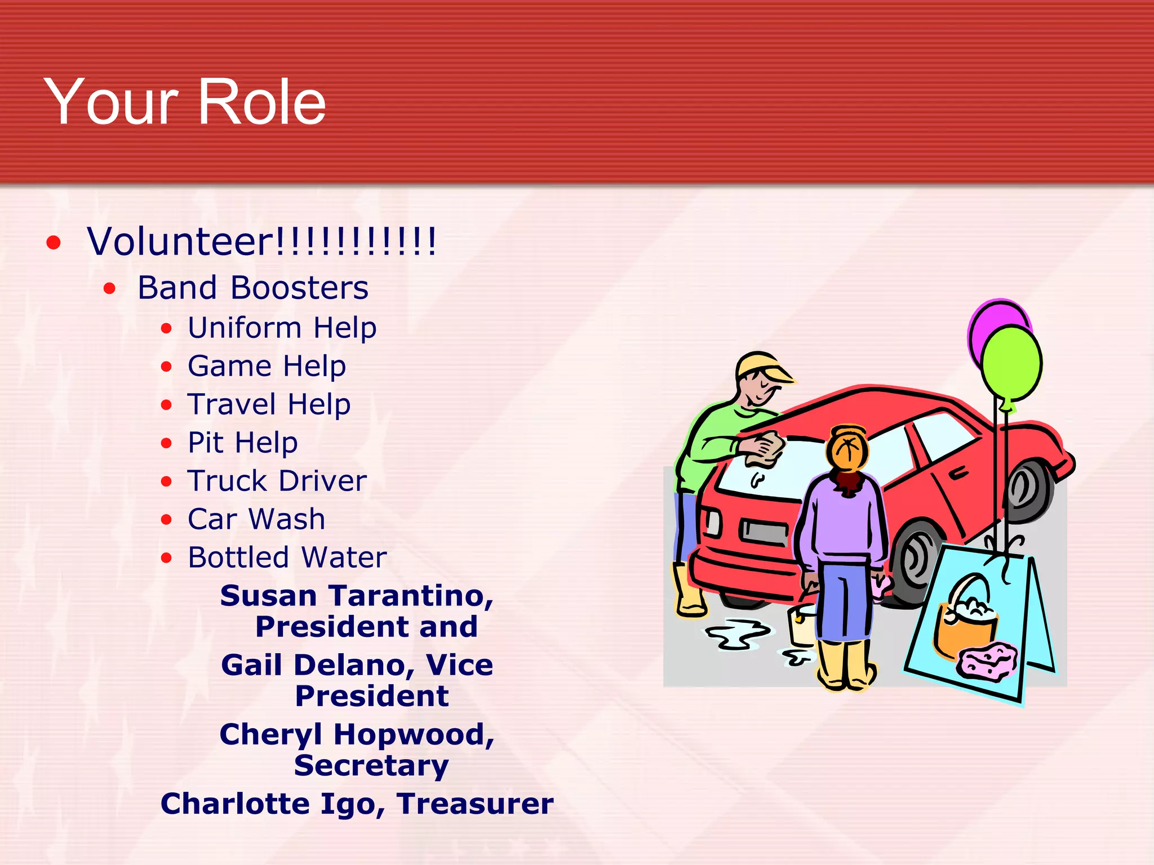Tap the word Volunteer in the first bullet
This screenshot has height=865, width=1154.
(x=180, y=242)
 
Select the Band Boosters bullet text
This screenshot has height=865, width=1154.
(x=253, y=288)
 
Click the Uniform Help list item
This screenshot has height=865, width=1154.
(x=282, y=328)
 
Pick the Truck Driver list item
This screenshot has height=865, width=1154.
(x=277, y=481)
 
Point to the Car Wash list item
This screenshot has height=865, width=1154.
(x=256, y=519)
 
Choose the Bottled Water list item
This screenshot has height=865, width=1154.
(x=287, y=558)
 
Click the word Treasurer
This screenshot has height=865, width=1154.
(x=475, y=804)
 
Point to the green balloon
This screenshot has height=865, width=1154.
(x=1012, y=363)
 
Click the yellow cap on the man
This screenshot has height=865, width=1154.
(x=761, y=366)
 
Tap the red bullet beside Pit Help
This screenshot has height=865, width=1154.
(x=166, y=443)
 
